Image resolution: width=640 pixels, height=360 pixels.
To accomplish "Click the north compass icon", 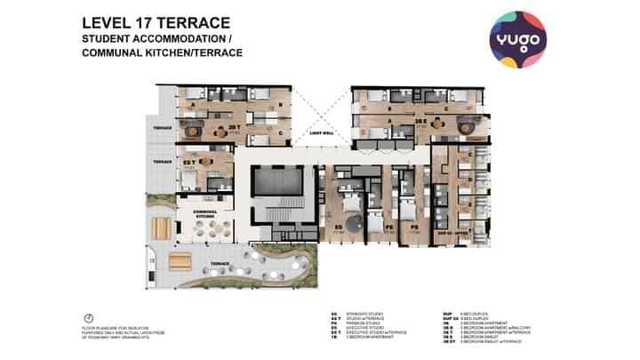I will (89, 318).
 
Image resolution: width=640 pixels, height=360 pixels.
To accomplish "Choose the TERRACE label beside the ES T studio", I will (161, 162).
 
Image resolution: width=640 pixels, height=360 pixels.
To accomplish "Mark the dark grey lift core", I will (279, 183).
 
